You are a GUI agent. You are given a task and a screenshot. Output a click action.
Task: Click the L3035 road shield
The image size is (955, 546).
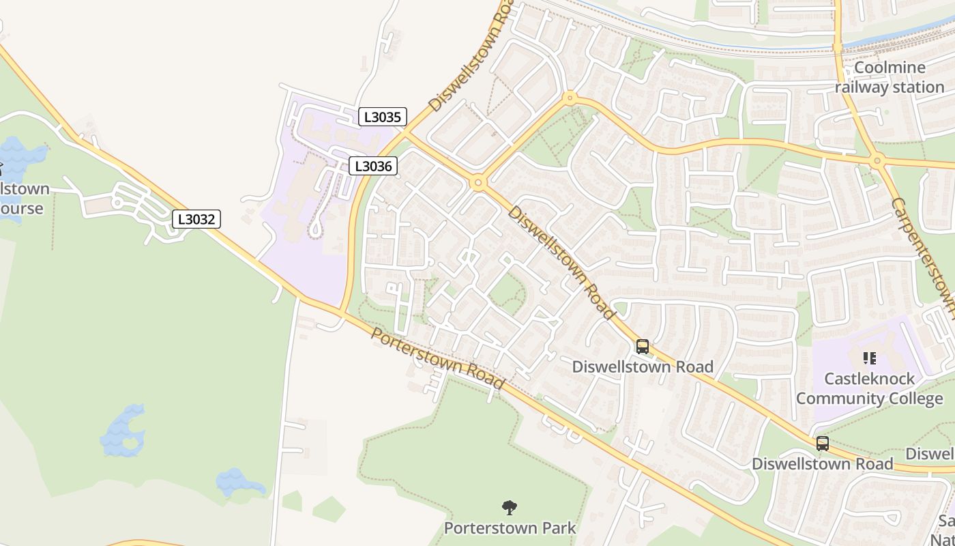(383, 117)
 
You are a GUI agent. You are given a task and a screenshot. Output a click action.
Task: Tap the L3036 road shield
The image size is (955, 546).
(373, 166)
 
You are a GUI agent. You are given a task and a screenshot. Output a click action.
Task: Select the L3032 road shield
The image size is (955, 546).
(196, 219)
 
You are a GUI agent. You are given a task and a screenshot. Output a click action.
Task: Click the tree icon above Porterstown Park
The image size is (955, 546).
(510, 508)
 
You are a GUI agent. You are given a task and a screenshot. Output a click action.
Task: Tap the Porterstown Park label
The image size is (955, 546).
(510, 528)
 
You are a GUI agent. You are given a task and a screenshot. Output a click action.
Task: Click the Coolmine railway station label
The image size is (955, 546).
(890, 77)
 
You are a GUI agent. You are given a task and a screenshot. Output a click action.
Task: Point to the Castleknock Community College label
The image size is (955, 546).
(870, 388)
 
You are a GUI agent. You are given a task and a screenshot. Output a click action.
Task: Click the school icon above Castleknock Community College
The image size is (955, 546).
(869, 358)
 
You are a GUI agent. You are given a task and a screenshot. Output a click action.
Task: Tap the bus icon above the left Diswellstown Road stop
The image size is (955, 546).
(642, 347)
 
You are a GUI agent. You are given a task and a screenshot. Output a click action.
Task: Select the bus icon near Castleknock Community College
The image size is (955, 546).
(823, 444)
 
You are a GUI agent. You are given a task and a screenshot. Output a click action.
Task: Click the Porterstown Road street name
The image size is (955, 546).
(438, 358)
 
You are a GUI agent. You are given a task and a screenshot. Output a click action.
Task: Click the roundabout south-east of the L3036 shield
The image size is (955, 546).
(477, 182)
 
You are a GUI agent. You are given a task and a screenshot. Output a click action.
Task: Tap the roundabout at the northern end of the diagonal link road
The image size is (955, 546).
(569, 98)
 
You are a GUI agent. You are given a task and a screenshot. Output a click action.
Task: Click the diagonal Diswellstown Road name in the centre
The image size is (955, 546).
(561, 262)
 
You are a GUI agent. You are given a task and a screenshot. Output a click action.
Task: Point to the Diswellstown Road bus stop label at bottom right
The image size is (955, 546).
(822, 464)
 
